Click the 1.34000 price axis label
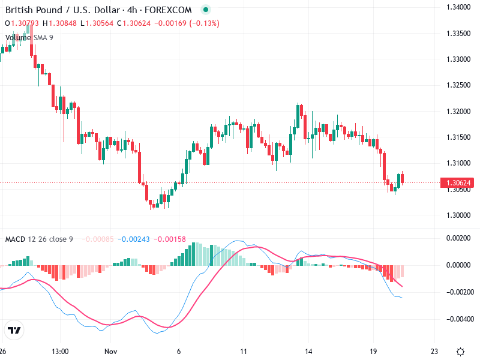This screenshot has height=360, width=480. click(x=458, y=7)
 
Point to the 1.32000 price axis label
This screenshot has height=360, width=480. click(x=458, y=111)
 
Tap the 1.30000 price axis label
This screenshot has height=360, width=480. click(x=458, y=215)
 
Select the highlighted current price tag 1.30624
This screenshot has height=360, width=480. click(x=458, y=182)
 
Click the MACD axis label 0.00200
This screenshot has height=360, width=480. click(x=459, y=238)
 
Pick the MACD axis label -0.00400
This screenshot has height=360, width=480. click(x=458, y=319)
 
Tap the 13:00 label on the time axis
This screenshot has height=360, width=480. click(x=61, y=351)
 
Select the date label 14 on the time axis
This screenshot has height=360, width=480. click(x=308, y=351)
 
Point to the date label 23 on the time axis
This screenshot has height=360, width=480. click(x=434, y=351)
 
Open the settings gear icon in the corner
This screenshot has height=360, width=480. click(x=460, y=351)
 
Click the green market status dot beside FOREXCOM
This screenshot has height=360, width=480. click(x=206, y=10)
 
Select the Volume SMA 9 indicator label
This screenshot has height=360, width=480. click(x=29, y=37)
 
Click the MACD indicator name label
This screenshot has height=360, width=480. click(x=15, y=239)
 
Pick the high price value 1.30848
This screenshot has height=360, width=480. click(x=61, y=23)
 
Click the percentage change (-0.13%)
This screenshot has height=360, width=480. click(x=205, y=23)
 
